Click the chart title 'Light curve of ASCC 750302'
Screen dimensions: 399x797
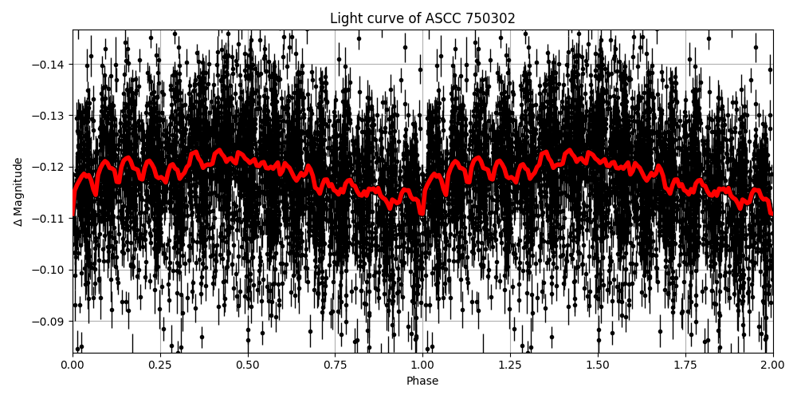[x=422, y=18]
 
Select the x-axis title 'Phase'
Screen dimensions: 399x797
[x=422, y=381]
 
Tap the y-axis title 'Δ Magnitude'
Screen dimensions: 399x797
[x=18, y=192]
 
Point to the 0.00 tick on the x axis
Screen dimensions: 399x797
[x=73, y=365]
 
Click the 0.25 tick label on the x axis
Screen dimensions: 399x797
[x=160, y=365]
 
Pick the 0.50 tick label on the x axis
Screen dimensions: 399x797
[x=248, y=365]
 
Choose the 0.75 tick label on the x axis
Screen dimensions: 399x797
[x=336, y=365]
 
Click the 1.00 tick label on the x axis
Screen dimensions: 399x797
[x=422, y=365]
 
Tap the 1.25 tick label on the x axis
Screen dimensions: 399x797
[x=510, y=365]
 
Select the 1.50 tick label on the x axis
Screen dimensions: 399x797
[x=598, y=365]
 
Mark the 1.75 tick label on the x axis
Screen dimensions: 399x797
[x=685, y=365]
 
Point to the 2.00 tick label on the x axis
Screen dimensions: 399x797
[x=772, y=365]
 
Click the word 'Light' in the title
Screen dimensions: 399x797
[x=345, y=18]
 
